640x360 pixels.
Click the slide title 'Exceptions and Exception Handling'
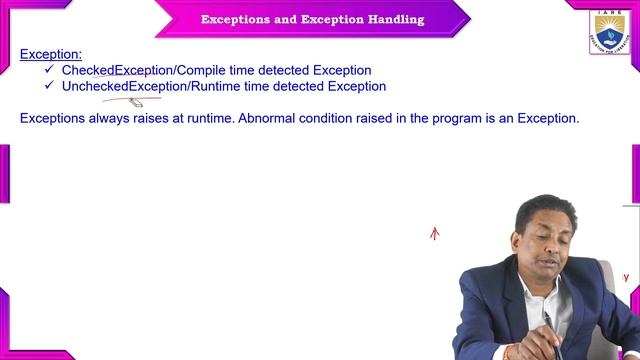(x=312, y=20)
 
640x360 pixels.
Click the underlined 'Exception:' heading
(x=51, y=54)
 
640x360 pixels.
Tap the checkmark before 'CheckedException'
(x=49, y=70)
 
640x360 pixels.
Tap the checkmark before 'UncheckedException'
(x=49, y=86)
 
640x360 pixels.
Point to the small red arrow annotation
(x=434, y=234)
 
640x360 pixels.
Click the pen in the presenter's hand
(x=547, y=322)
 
